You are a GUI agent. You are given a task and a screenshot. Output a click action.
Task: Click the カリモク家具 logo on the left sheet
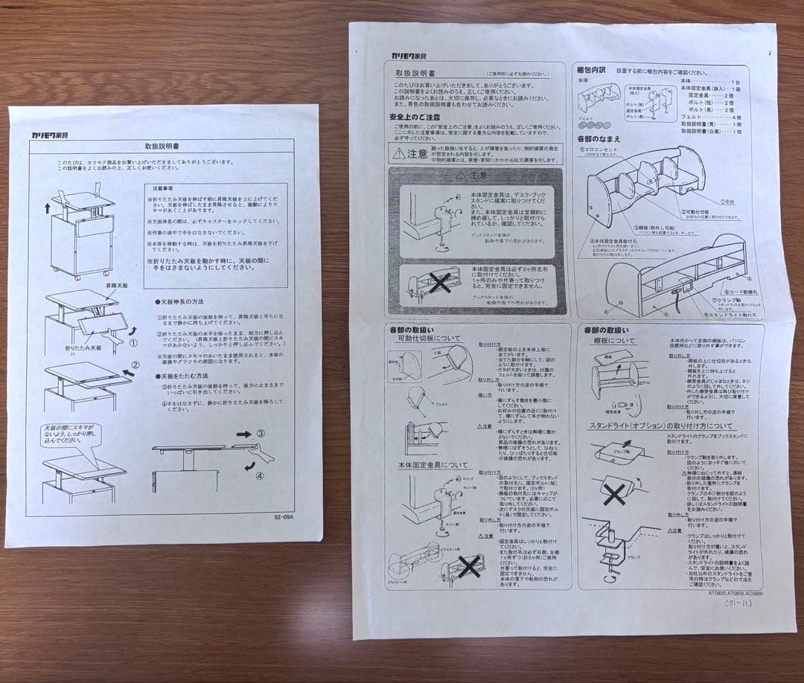[x=50, y=135]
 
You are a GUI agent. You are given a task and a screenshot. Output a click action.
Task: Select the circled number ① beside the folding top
[x=133, y=344]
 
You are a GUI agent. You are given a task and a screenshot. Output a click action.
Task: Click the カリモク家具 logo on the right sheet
[x=409, y=55]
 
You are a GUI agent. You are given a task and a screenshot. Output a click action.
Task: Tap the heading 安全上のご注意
[x=414, y=118]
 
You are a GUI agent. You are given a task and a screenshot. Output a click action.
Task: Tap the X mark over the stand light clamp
[x=615, y=492]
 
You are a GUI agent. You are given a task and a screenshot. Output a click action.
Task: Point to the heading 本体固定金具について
[x=433, y=464]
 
